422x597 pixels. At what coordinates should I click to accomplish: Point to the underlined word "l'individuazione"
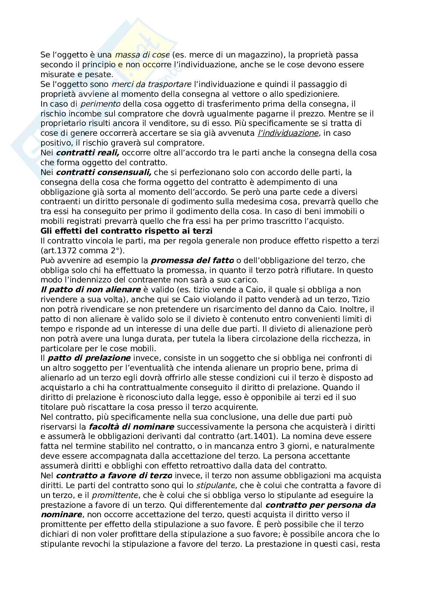point(287,133)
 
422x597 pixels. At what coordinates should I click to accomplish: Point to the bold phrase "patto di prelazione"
point(89,358)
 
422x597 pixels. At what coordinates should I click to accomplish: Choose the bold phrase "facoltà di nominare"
point(132,427)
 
